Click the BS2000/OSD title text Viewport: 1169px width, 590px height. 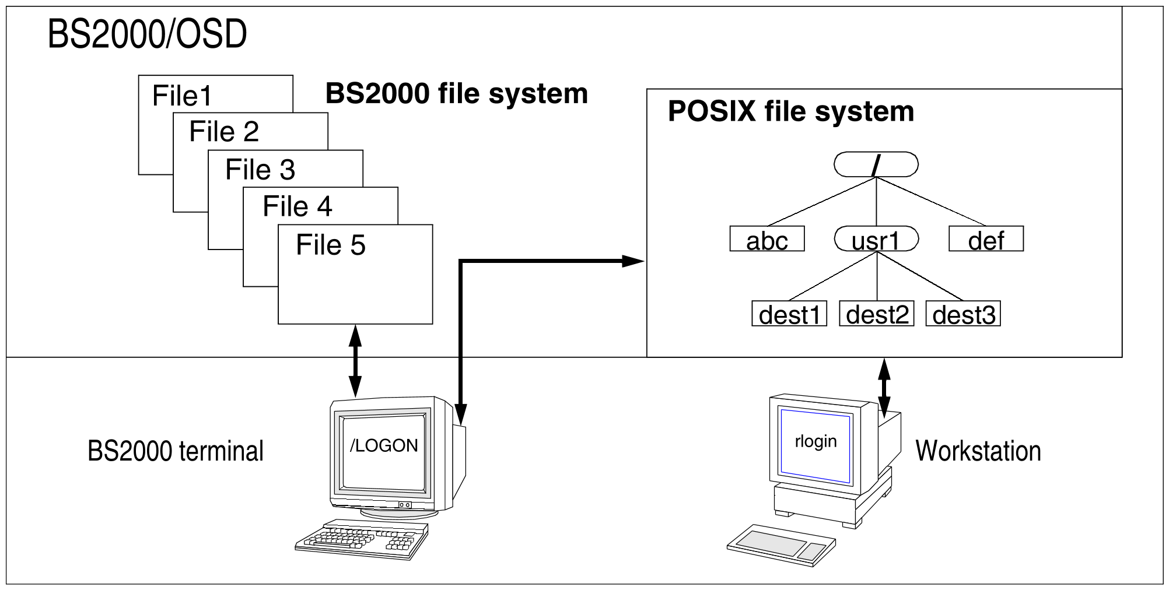[x=147, y=34]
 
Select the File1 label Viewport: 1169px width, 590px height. [x=182, y=96]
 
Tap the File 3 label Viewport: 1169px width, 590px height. [x=260, y=170]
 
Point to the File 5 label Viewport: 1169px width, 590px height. [x=331, y=244]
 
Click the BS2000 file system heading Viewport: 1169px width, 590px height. [x=457, y=93]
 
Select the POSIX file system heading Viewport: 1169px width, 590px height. [x=791, y=111]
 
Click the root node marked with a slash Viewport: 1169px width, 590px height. [x=876, y=164]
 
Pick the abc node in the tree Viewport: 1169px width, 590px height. [x=767, y=239]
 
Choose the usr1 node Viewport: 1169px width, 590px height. [x=876, y=239]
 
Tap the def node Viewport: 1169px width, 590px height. [x=986, y=239]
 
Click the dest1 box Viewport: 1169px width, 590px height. [x=789, y=314]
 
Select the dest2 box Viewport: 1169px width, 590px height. [x=876, y=314]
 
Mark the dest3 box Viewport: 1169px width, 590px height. [x=963, y=314]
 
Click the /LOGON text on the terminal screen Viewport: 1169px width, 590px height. [x=384, y=445]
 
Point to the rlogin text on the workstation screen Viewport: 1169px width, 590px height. [x=815, y=441]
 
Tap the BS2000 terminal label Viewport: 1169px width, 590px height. [x=176, y=451]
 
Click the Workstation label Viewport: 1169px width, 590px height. [x=978, y=451]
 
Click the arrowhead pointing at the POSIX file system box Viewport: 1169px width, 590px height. [x=632, y=261]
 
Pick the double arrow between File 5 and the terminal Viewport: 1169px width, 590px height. [x=355, y=361]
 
